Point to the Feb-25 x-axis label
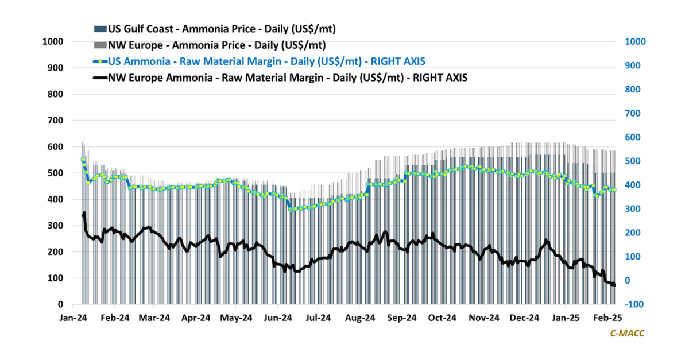[x=606, y=317]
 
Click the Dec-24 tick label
[x=524, y=317]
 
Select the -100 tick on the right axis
[x=629, y=304]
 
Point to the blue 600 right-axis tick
[x=628, y=137]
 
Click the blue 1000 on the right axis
[x=630, y=41]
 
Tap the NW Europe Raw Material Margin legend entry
[x=288, y=78]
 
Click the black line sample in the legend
[x=99, y=78]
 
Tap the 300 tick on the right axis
[x=628, y=209]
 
